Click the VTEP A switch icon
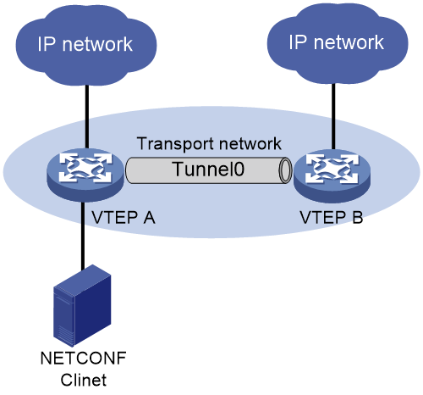pos(85,175)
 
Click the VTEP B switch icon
pos(332,175)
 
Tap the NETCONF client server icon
pos(82,305)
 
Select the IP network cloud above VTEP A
pos(86,45)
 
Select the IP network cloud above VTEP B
pos(338,43)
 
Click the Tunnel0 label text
pos(208,170)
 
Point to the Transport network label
pos(209,144)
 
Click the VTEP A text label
pos(124,218)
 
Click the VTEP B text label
pos(331,218)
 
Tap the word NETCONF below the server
pos(84,359)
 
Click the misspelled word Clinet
pos(84,380)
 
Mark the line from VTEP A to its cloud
pos(87,116)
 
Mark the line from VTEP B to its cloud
pos(333,116)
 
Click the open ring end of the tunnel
pos(285,170)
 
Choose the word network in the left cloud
pos(97,44)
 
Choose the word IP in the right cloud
pos(298,42)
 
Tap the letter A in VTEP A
pos(149,218)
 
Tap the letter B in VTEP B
pos(358,218)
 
